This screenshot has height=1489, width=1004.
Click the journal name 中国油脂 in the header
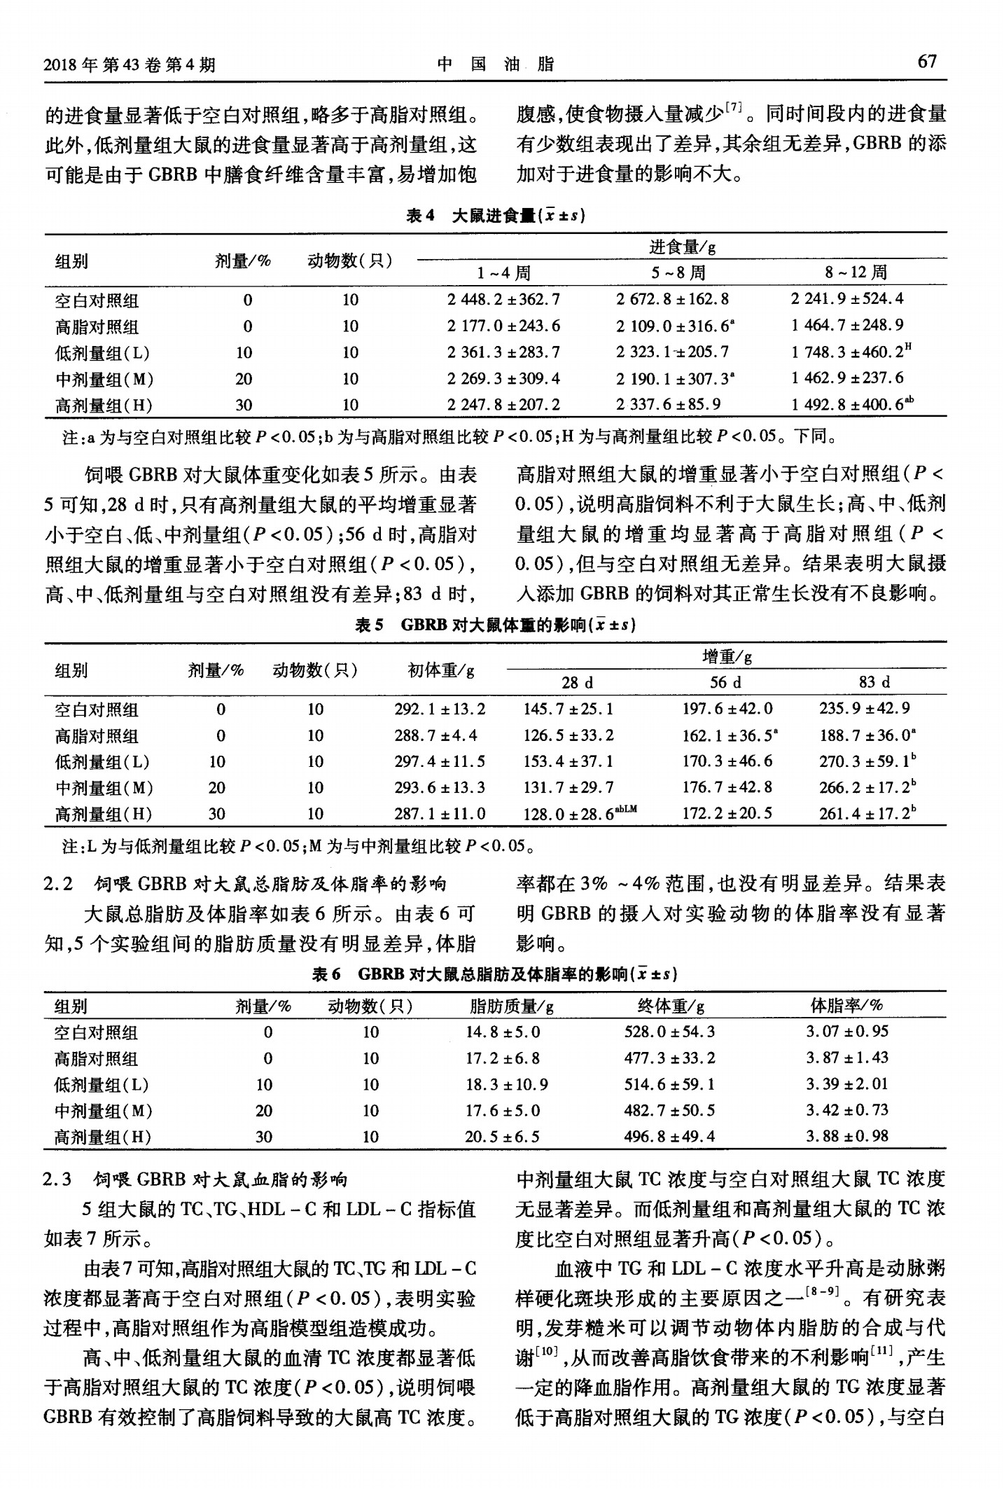pos(496,64)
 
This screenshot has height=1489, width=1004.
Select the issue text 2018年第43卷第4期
pos(130,65)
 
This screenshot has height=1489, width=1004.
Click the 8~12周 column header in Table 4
pos(855,272)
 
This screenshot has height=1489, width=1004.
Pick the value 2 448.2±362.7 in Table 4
pos(503,300)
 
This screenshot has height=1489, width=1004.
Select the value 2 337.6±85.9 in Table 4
pos(672,404)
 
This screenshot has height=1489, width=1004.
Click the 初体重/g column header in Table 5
pos(441,670)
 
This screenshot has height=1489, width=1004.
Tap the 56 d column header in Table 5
pos(725,682)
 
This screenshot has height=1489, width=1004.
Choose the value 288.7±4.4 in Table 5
pos(435,735)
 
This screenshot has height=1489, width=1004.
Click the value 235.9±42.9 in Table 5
pos(865,709)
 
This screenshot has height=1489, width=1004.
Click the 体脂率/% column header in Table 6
pos(846,1006)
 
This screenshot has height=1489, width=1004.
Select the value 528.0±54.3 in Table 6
pos(669,1032)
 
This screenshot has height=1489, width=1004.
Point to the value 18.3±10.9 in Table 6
pos(506,1085)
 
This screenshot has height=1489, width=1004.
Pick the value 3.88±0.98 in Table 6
pos(846,1137)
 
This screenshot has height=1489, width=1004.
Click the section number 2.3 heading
pos(58,1180)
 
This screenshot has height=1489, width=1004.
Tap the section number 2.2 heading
pos(58,884)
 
